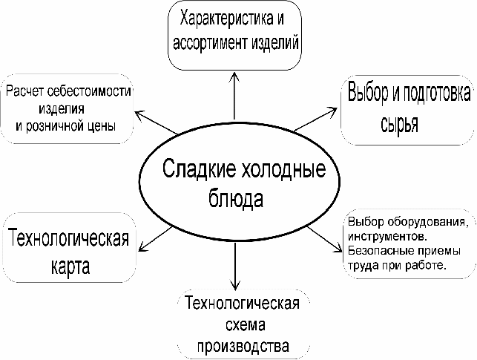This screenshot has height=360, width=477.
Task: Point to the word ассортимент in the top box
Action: [x=209, y=42]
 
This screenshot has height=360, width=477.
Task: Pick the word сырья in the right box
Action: [x=398, y=122]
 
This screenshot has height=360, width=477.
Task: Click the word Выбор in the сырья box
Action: [x=367, y=95]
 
